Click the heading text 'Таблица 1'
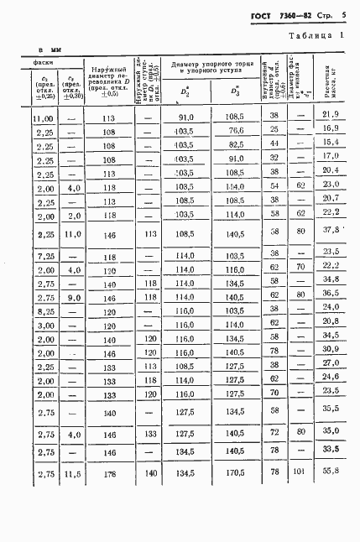[x=316, y=36]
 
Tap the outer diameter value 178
[x=107, y=474]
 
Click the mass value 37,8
[x=330, y=229]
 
